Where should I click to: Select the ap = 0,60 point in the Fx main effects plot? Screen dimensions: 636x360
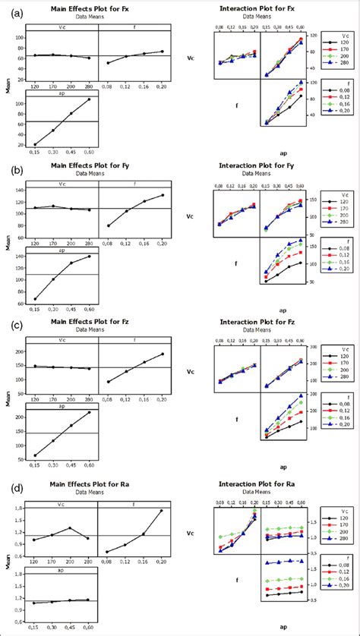point(90,99)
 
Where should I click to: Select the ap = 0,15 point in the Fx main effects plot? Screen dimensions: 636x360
point(35,144)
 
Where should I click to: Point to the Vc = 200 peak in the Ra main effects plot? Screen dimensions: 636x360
point(70,527)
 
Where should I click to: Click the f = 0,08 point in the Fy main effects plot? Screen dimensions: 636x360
point(108,225)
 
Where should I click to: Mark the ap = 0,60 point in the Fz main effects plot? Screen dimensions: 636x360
point(90,412)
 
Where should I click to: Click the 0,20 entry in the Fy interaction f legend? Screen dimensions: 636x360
point(338,270)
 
